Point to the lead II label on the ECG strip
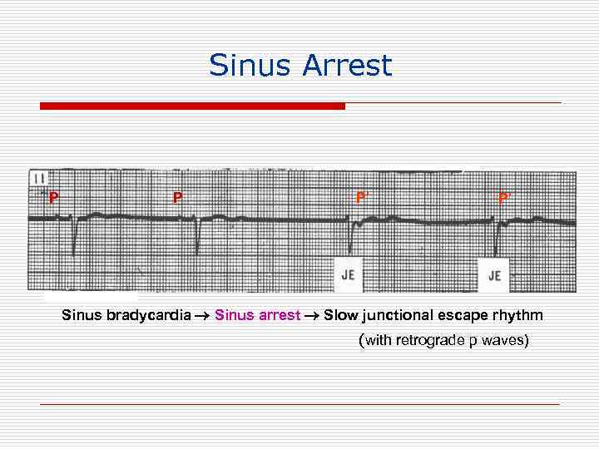tap(39, 177)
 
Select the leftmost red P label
tap(53, 198)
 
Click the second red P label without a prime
tap(177, 198)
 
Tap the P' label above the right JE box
tap(504, 198)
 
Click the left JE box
tap(349, 275)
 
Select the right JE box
tap(494, 275)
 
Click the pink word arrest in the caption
tap(281, 315)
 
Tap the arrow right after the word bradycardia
tap(203, 316)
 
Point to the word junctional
tap(391, 315)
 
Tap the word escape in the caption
tap(457, 315)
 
